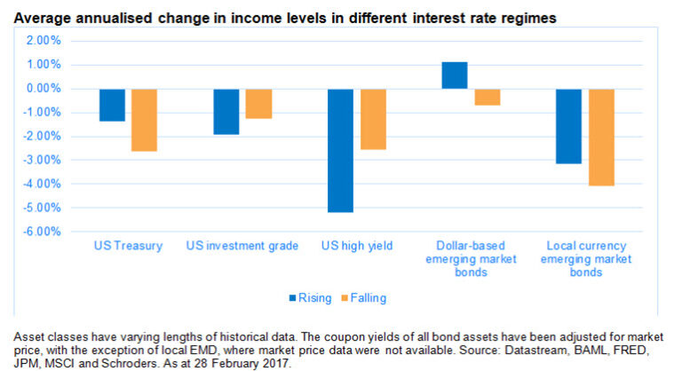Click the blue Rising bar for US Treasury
[112, 105]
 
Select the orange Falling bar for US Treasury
[143, 120]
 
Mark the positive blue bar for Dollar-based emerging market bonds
[455, 75]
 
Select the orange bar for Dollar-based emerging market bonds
[487, 97]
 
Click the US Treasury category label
[128, 246]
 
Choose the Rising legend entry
[311, 297]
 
